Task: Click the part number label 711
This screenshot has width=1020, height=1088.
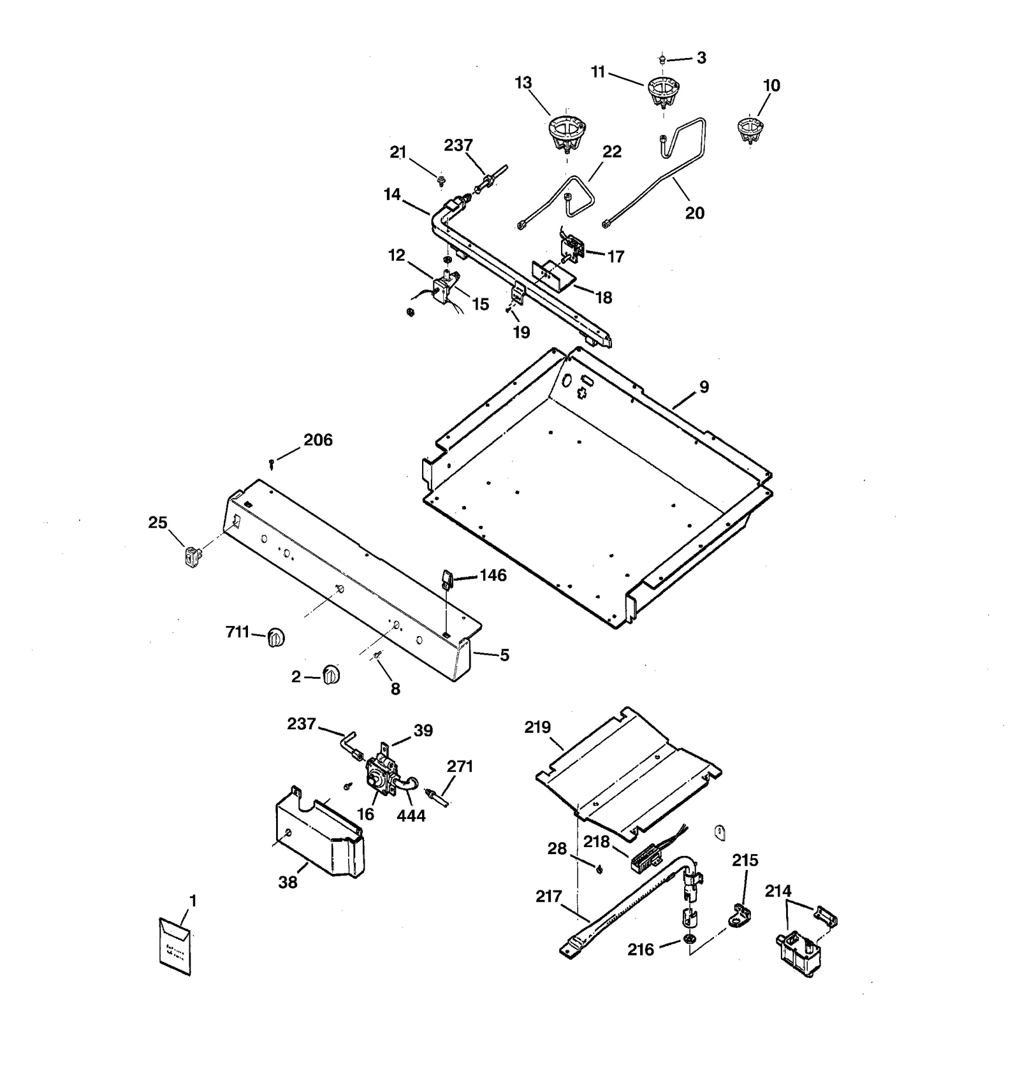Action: pyautogui.click(x=237, y=632)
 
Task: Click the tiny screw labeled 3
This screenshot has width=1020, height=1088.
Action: pyautogui.click(x=662, y=59)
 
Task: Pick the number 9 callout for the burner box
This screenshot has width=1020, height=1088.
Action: pyautogui.click(x=704, y=387)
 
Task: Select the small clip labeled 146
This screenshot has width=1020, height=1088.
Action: pyautogui.click(x=446, y=579)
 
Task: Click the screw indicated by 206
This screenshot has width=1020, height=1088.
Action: pyautogui.click(x=272, y=464)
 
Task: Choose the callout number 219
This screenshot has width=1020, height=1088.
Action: pyautogui.click(x=537, y=727)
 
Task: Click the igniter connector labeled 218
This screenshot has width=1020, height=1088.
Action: pyautogui.click(x=646, y=860)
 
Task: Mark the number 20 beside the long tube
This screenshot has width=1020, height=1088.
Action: pyautogui.click(x=694, y=214)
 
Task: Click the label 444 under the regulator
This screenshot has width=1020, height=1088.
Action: pyautogui.click(x=411, y=816)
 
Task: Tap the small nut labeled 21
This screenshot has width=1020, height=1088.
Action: pyautogui.click(x=441, y=180)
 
